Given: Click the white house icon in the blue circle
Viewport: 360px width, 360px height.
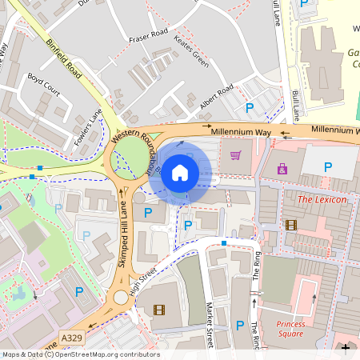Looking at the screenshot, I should [x=179, y=173].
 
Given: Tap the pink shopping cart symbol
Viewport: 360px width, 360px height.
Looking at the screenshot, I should [x=236, y=154].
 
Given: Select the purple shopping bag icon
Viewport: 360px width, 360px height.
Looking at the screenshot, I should [x=282, y=169].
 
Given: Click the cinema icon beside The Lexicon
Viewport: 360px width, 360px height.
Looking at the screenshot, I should [x=290, y=225].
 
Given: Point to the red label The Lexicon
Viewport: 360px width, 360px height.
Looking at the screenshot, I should [x=322, y=198].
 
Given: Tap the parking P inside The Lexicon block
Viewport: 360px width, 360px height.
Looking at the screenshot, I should [x=327, y=166].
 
